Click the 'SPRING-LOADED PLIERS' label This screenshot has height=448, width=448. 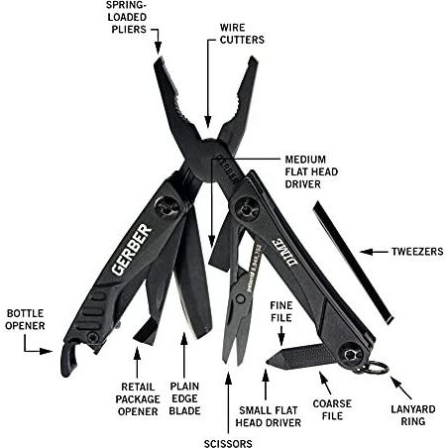pos(127,18)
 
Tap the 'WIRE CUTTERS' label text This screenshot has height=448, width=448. pos(242,34)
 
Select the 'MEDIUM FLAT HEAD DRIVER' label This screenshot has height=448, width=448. pos(311,171)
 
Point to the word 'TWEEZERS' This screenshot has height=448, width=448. pos(417,252)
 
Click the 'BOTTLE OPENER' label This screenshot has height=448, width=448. pos(25,319)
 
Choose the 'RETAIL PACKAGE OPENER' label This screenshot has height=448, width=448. pos(138,399)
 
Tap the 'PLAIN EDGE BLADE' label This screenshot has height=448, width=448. pos(184,398)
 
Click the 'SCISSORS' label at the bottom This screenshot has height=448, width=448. pos(228,443)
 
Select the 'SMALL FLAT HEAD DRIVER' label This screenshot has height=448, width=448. pos(269,416)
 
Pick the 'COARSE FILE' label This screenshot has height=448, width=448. pos(332,409)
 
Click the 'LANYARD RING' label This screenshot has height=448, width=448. pos(413,415)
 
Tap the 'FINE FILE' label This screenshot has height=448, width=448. pos(281,311)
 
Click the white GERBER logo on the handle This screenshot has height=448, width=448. pos(132,250)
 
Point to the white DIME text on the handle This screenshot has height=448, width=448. pos(284,252)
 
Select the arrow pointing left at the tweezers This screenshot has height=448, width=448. pos(374,252)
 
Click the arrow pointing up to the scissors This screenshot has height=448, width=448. pos(228,402)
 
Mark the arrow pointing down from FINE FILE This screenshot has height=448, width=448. pos(281,336)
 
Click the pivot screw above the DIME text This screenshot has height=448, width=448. pos(246,209)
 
